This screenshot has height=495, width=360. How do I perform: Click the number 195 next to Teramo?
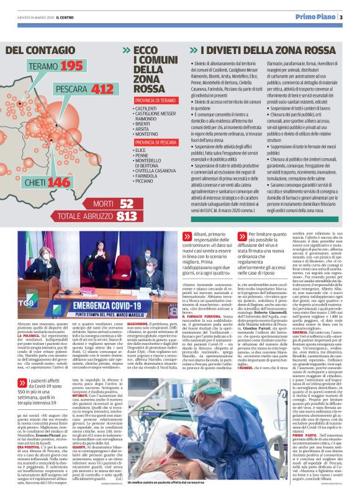(x=71, y=66)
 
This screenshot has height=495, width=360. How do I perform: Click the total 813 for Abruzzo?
(x=127, y=216)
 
